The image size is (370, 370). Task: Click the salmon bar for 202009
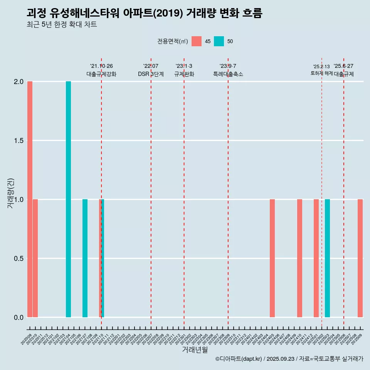(x=30, y=199)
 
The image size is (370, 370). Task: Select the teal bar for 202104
(x=68, y=199)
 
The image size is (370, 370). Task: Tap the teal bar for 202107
(x=85, y=258)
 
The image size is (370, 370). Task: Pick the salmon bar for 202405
(x=272, y=258)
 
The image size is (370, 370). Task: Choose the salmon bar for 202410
(x=299, y=258)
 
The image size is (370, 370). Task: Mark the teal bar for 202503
(x=327, y=258)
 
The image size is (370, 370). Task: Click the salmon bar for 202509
(x=360, y=258)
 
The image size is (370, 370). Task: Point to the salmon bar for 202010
(x=35, y=258)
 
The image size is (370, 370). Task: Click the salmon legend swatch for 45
(x=197, y=41)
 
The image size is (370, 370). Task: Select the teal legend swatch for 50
(x=219, y=41)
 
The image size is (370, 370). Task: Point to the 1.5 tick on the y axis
(x=19, y=141)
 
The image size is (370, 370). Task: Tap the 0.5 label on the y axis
(x=19, y=258)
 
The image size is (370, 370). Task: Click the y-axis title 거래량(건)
(x=10, y=193)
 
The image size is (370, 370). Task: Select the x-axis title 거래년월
(x=195, y=350)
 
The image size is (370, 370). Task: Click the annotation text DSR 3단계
(x=151, y=74)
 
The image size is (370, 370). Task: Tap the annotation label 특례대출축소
(x=228, y=74)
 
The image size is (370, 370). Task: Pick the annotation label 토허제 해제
(x=321, y=73)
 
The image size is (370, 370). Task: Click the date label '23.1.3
(x=184, y=66)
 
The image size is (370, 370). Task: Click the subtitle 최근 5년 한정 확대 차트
(x=62, y=25)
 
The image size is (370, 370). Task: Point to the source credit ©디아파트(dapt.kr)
(x=239, y=359)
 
